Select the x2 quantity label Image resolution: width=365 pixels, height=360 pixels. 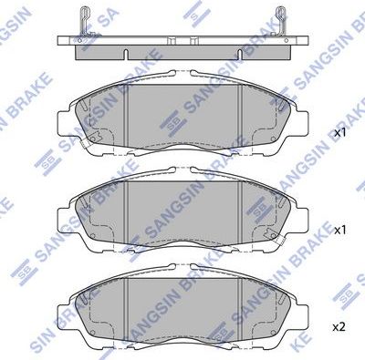click(339, 326)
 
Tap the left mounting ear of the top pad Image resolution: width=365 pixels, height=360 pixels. click(62, 122)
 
